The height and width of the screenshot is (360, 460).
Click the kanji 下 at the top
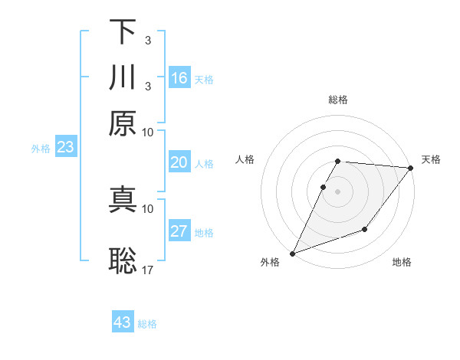pyautogui.click(x=123, y=32)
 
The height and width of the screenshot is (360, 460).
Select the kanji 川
pyautogui.click(x=123, y=78)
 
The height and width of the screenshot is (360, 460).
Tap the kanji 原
pyautogui.click(x=123, y=123)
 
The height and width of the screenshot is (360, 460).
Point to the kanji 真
pyautogui.click(x=123, y=200)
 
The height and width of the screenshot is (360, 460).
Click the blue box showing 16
pyautogui.click(x=179, y=78)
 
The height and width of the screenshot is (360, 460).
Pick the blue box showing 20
pyautogui.click(x=179, y=162)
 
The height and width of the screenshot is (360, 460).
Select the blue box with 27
pyautogui.click(x=179, y=231)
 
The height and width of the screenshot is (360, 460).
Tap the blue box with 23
pyautogui.click(x=65, y=147)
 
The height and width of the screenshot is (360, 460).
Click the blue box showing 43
pyautogui.click(x=123, y=322)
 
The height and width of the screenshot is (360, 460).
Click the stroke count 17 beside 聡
pyautogui.click(x=148, y=270)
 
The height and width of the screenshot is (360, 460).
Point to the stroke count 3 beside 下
pyautogui.click(x=147, y=40)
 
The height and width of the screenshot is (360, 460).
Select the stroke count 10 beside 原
pyautogui.click(x=148, y=132)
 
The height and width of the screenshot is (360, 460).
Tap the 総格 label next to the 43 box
pyautogui.click(x=147, y=324)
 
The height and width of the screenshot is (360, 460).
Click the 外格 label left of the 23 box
pyautogui.click(x=41, y=149)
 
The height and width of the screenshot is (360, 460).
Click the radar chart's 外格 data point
pyautogui.click(x=292, y=253)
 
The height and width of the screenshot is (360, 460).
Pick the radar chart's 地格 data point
pyautogui.click(x=365, y=229)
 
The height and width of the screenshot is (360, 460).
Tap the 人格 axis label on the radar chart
pyautogui.click(x=245, y=159)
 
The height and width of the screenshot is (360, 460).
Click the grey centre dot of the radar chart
pyautogui.click(x=337, y=191)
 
